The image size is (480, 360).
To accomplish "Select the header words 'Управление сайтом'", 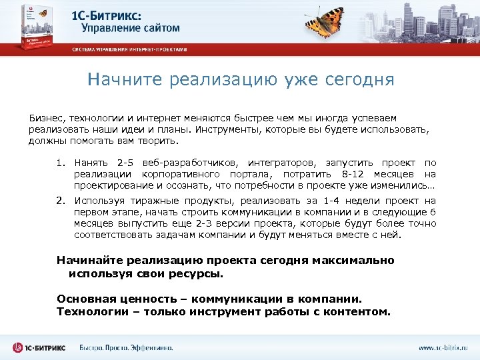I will (131, 29).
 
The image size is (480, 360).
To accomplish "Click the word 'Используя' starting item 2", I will (98, 200).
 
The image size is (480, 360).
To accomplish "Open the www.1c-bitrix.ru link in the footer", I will (443, 347).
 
